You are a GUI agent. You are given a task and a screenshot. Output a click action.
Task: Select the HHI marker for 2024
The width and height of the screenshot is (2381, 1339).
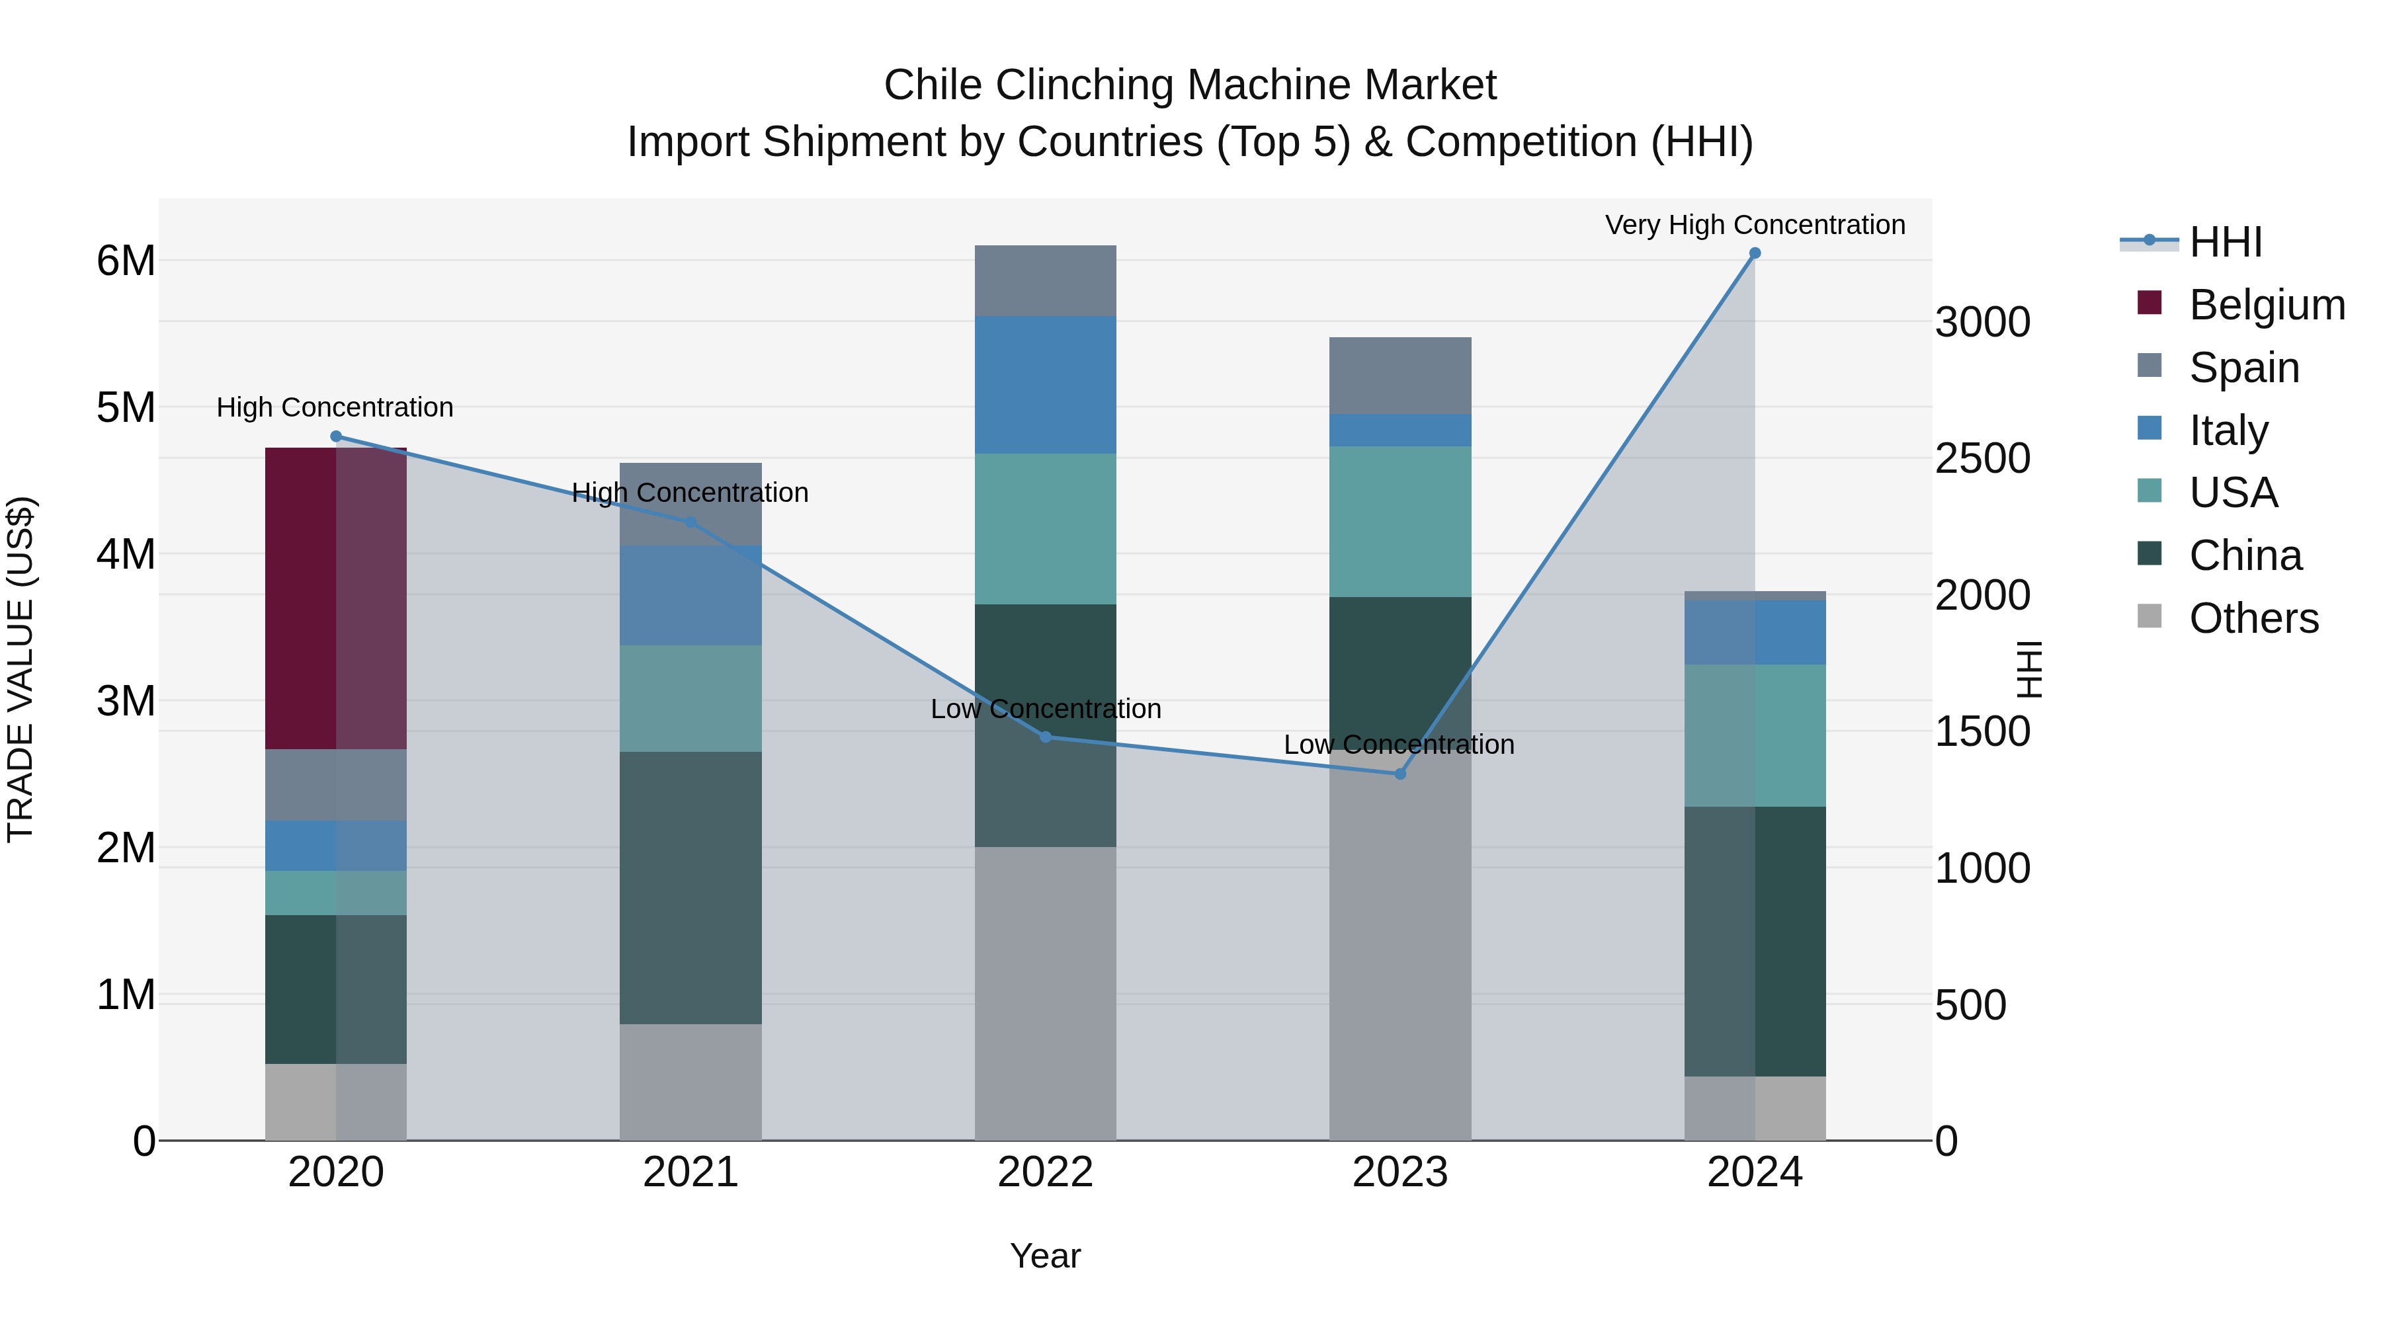tap(1754, 253)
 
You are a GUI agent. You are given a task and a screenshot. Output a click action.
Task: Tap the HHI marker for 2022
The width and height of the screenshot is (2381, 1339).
tap(1046, 737)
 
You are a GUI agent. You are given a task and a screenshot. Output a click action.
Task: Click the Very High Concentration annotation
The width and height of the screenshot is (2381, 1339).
tap(1754, 225)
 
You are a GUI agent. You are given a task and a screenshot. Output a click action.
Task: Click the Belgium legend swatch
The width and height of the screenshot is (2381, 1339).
tap(2150, 302)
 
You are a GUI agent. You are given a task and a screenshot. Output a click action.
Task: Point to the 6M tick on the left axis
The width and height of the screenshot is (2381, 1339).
tap(126, 261)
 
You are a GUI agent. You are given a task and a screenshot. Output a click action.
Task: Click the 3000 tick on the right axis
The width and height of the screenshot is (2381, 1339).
tap(1983, 323)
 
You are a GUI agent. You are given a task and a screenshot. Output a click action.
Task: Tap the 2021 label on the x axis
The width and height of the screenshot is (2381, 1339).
tap(690, 1172)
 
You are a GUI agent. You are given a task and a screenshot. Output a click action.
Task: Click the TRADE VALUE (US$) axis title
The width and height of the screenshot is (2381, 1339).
tap(21, 669)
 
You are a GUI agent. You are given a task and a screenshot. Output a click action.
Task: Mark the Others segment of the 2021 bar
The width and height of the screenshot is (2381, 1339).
tap(690, 1081)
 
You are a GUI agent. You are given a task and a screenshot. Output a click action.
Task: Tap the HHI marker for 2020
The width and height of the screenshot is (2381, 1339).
tap(335, 436)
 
